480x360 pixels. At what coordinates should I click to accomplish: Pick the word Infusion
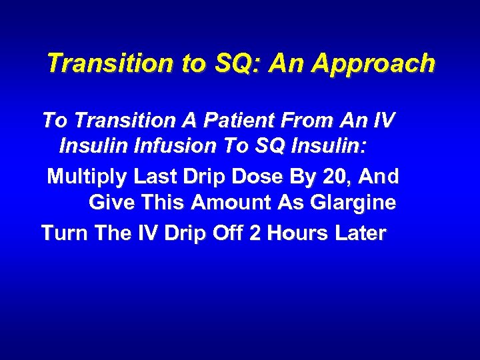[171, 145]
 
